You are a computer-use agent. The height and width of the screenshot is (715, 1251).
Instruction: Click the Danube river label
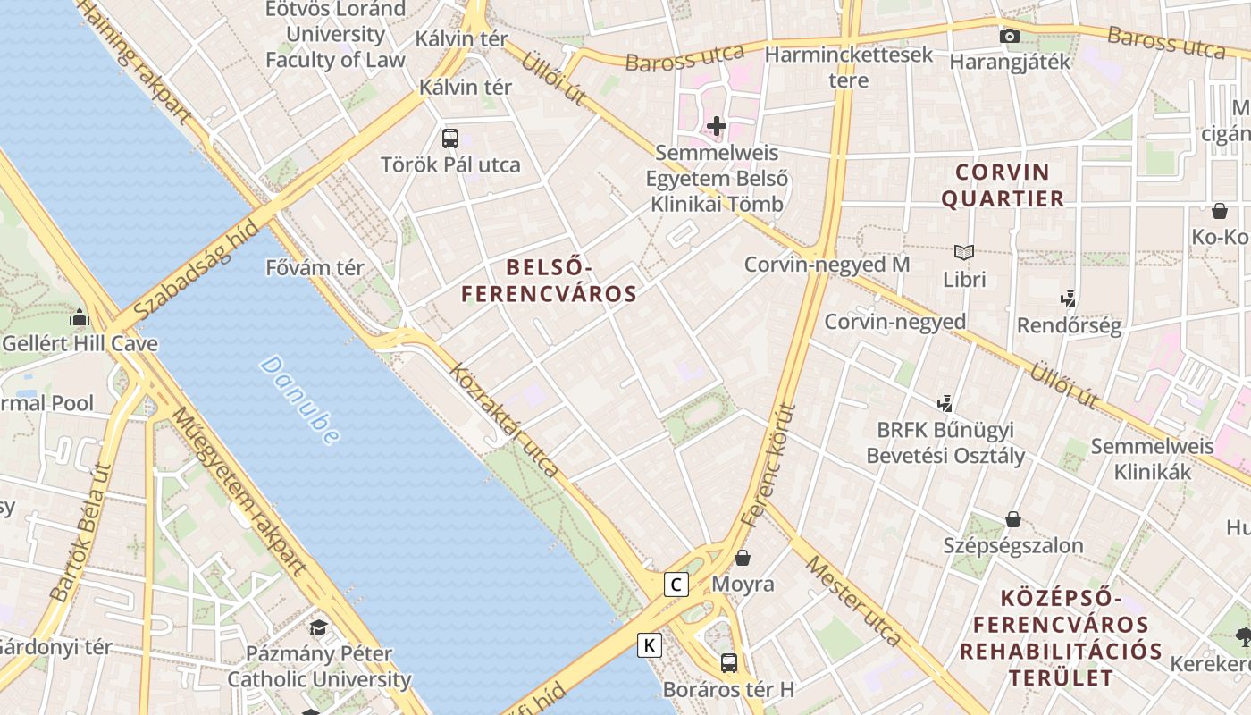click(x=300, y=400)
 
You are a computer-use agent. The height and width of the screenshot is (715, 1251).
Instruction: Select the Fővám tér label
click(x=315, y=267)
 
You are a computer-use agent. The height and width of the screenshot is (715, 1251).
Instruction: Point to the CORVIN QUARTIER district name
click(x=1002, y=185)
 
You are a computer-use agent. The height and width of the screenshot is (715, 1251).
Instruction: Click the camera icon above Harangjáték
click(x=1010, y=36)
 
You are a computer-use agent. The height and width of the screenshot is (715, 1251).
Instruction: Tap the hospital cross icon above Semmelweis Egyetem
click(x=716, y=126)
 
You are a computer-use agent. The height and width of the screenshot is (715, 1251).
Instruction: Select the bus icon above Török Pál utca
click(x=450, y=139)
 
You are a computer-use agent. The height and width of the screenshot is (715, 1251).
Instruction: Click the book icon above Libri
click(x=963, y=253)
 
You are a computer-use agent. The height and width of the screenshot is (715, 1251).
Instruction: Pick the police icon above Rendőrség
click(x=1068, y=299)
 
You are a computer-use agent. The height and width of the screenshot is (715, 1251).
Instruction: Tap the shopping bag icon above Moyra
click(x=743, y=558)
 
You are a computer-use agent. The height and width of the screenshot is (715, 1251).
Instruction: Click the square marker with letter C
click(x=676, y=585)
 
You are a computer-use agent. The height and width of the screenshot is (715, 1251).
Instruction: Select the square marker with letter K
click(x=650, y=644)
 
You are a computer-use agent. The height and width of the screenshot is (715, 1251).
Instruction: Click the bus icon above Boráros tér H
click(x=729, y=662)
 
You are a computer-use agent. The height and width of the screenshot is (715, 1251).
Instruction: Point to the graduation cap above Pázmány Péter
click(x=318, y=627)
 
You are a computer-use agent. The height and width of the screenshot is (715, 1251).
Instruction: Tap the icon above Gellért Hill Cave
click(x=80, y=317)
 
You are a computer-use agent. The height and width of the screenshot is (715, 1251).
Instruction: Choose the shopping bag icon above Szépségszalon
click(x=1013, y=519)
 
